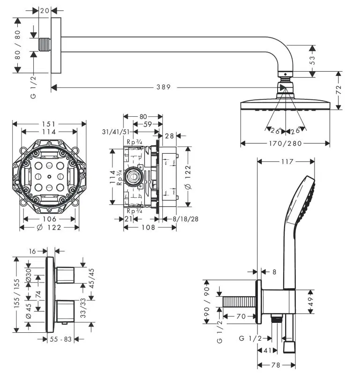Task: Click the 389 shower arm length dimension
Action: pyautogui.click(x=164, y=87)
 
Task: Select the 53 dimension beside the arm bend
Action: pyautogui.click(x=312, y=58)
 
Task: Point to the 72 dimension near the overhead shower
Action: pyautogui.click(x=338, y=90)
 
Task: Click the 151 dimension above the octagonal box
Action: pyautogui.click(x=49, y=124)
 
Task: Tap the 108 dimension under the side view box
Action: pyautogui.click(x=149, y=227)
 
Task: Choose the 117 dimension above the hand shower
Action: pyautogui.click(x=286, y=162)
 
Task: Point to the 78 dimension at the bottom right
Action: pyautogui.click(x=276, y=365)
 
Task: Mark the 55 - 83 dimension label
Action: pyautogui.click(x=61, y=339)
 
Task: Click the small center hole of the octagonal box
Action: pyautogui.click(x=49, y=177)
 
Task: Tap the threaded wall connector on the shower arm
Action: pyautogui.click(x=44, y=45)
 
